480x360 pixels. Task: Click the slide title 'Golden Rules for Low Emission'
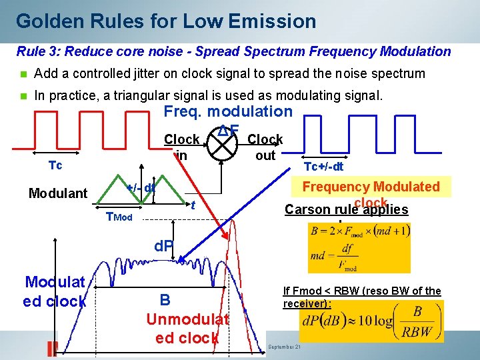[x=166, y=21]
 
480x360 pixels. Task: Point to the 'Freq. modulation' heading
[x=228, y=111]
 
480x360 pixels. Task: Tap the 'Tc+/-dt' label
[x=323, y=167]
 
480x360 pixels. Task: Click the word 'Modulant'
[x=58, y=193]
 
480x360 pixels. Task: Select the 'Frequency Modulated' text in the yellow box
[x=371, y=187]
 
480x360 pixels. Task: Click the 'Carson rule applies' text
[x=346, y=209]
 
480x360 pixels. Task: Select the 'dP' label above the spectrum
[x=164, y=246]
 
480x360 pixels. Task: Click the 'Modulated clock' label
[x=55, y=291]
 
